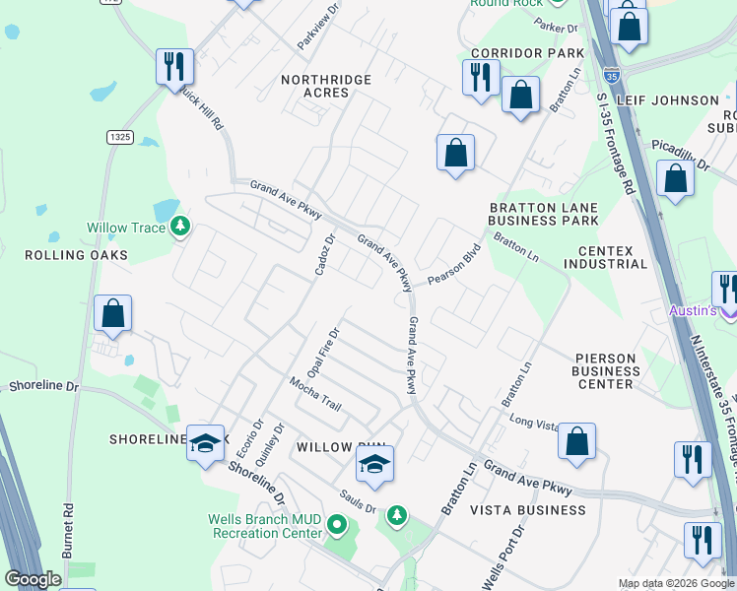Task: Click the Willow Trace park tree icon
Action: pos(179,228)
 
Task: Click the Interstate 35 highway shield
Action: pos(611,73)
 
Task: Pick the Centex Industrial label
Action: pos(606,257)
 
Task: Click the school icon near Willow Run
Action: pos(374,463)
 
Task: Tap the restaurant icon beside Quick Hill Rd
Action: pos(174,66)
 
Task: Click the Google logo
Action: pos(33,579)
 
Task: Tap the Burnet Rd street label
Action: pos(68,532)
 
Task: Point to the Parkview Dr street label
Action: pos(319,28)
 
